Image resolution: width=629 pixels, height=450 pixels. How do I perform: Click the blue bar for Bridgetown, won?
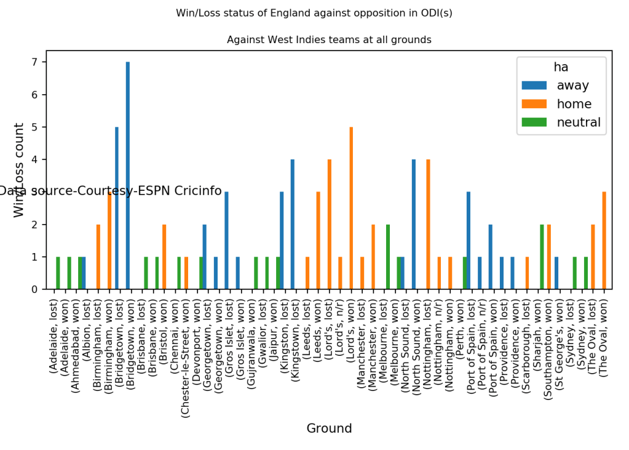pyautogui.click(x=128, y=175)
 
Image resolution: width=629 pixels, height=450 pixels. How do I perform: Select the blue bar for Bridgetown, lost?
pyautogui.click(x=117, y=208)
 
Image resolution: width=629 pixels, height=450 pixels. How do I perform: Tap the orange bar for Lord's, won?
pyautogui.click(x=351, y=208)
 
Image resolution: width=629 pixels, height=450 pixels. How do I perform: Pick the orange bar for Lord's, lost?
pyautogui.click(x=330, y=224)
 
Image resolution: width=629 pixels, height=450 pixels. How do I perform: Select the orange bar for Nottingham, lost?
pyautogui.click(x=429, y=224)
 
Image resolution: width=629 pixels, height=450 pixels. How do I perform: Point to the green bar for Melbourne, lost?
pyautogui.click(x=388, y=257)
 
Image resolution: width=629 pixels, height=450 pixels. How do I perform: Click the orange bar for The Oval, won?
pyautogui.click(x=604, y=241)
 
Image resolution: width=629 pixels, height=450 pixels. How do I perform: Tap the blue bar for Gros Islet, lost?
pyautogui.click(x=227, y=241)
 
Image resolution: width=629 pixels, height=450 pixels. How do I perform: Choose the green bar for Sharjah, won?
pyautogui.click(x=542, y=257)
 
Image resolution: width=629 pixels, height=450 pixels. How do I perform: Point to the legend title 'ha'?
pyautogui.click(x=561, y=67)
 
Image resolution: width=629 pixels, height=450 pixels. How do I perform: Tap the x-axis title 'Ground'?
pyautogui.click(x=329, y=428)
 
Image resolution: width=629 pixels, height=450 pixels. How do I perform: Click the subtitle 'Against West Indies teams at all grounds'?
pyautogui.click(x=329, y=40)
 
